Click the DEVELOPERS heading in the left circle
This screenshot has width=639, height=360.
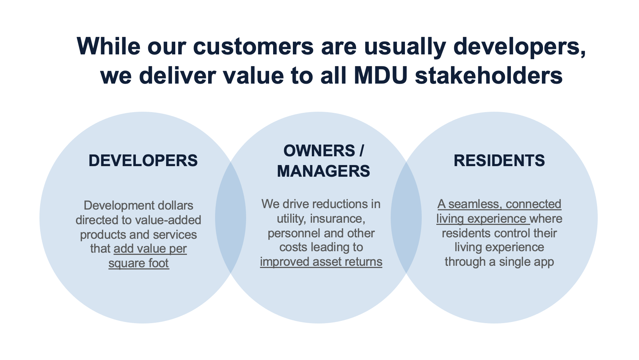coord(143,161)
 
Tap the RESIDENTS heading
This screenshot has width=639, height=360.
coord(499,161)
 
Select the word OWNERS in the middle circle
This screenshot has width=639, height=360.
coord(319,151)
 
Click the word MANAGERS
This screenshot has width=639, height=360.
coord(324,171)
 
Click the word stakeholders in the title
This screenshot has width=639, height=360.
coord(489,76)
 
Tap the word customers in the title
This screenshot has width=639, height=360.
coord(253,46)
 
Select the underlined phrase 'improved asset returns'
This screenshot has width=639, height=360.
coord(321,262)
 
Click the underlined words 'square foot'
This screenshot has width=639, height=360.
coord(139,263)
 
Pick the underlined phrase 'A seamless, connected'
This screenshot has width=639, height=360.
coord(499,204)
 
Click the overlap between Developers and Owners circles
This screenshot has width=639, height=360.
coord(230,218)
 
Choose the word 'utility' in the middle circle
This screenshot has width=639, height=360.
coord(290,218)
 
